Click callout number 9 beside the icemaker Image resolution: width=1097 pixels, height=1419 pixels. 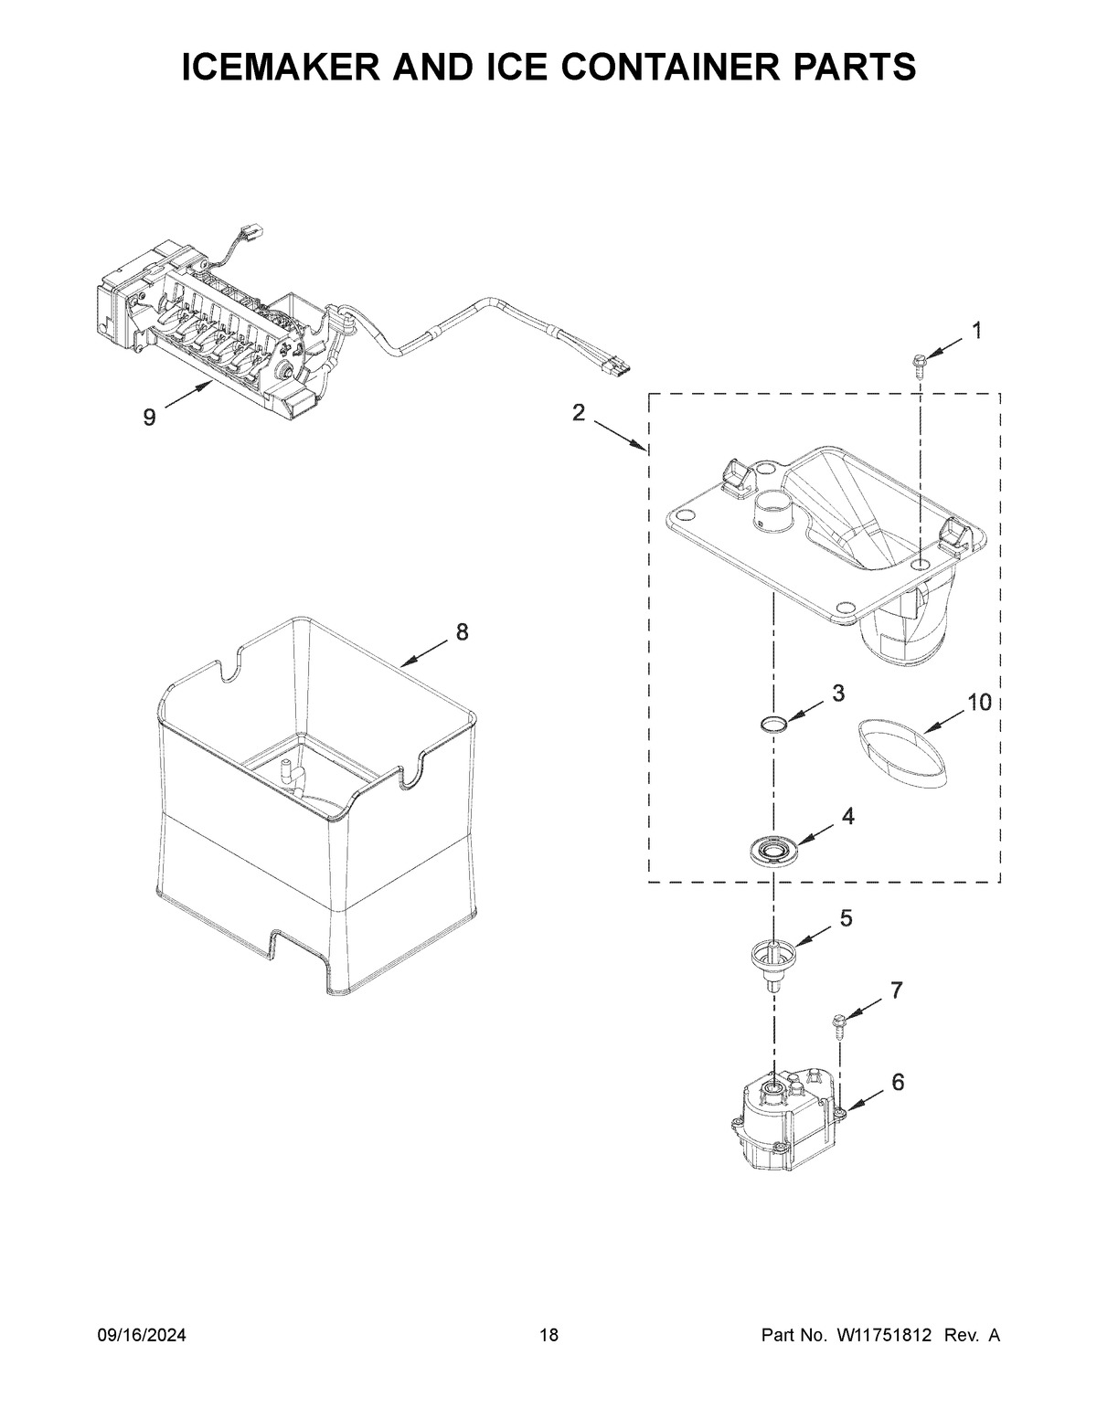(148, 418)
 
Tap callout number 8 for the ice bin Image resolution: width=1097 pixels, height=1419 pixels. (462, 630)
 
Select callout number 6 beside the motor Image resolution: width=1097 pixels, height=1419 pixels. (899, 1083)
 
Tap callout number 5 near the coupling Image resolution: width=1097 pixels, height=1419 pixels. (847, 918)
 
